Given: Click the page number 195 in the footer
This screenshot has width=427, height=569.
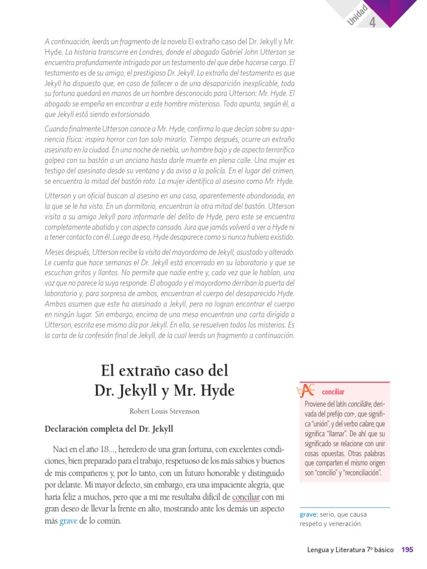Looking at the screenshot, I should [x=407, y=550].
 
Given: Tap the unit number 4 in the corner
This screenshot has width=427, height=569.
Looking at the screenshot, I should [x=373, y=23].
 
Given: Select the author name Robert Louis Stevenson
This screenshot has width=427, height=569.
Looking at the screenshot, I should [x=164, y=412].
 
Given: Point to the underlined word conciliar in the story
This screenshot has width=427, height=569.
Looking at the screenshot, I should [x=246, y=496].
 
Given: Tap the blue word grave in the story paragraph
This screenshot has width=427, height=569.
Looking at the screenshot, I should [x=68, y=521].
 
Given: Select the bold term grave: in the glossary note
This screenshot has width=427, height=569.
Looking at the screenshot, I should [x=308, y=515].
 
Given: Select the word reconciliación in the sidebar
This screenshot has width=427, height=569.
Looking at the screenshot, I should [x=361, y=472].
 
